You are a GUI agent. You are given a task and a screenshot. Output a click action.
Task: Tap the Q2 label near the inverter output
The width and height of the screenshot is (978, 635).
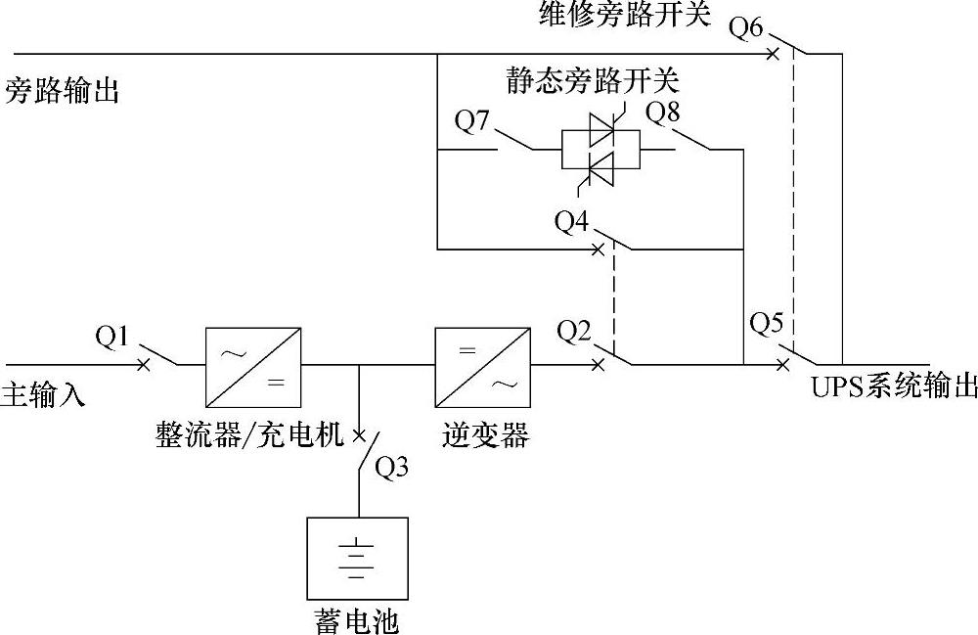pyautogui.click(x=575, y=332)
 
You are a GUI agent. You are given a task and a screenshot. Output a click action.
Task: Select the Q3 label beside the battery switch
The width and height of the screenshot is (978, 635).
pyautogui.click(x=392, y=468)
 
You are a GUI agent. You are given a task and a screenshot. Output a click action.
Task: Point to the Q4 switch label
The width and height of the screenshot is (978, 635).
pyautogui.click(x=572, y=222)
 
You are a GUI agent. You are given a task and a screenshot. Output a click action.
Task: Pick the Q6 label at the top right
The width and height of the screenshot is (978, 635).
pyautogui.click(x=746, y=27)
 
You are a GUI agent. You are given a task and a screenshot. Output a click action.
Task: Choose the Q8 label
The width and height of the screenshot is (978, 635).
pyautogui.click(x=664, y=112)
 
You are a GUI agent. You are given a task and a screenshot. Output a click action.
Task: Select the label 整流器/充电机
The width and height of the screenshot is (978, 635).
pyautogui.click(x=249, y=434)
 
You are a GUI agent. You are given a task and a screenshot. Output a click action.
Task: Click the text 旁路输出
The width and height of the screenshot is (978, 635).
pyautogui.click(x=62, y=92)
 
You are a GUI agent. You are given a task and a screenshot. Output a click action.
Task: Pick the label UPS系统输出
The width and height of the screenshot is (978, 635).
pyautogui.click(x=893, y=386)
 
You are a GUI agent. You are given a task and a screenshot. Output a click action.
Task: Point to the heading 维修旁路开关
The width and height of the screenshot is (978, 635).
pyautogui.click(x=624, y=14)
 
